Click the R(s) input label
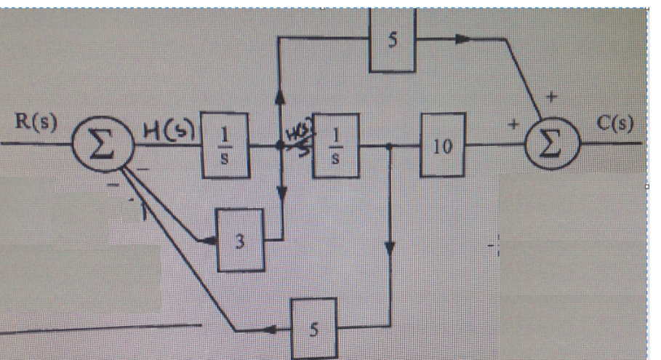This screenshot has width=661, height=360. (36, 121)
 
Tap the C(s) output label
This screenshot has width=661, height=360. (614, 121)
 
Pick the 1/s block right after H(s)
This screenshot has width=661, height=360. (225, 145)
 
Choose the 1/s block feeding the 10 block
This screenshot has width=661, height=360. (336, 145)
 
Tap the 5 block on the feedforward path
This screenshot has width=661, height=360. (393, 41)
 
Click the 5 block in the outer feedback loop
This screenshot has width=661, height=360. (313, 329)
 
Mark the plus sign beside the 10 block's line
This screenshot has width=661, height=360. (513, 125)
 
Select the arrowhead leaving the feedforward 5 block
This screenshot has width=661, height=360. (462, 41)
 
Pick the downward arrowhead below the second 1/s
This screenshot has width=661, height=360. (390, 248)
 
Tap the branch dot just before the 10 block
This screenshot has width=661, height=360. (390, 145)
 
